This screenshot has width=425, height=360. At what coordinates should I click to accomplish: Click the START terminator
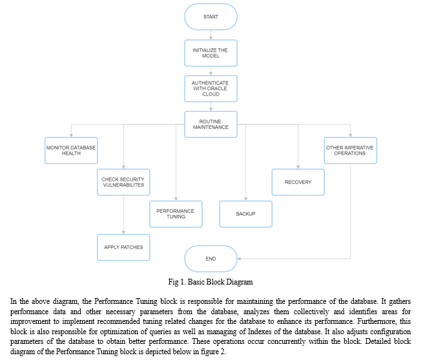(211, 17)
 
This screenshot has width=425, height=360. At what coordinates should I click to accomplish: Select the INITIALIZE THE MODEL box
(211, 53)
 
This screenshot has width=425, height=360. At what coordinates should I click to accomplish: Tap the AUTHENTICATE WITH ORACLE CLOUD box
(211, 89)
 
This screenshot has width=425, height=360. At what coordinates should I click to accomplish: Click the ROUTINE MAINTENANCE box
(211, 125)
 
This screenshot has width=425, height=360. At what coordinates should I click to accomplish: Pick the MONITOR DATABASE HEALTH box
(71, 150)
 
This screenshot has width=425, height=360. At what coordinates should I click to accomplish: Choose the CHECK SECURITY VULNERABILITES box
(123, 182)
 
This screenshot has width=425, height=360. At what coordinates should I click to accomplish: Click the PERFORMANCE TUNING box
(176, 214)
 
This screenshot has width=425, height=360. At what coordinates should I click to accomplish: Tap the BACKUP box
(246, 214)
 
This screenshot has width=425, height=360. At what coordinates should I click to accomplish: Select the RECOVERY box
(298, 182)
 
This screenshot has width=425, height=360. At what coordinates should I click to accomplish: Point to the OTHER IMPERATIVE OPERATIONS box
(351, 150)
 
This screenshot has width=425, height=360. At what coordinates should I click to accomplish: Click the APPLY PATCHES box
(123, 247)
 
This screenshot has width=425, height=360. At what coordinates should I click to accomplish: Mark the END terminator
(211, 259)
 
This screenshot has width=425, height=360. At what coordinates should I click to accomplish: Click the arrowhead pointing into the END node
(239, 259)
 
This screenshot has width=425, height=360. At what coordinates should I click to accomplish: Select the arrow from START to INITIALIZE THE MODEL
(211, 35)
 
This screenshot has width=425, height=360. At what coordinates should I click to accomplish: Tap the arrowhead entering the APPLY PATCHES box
(123, 232)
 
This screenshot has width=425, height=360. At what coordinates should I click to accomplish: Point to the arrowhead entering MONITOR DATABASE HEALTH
(71, 135)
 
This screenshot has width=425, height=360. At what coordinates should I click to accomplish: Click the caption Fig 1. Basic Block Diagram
(211, 282)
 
